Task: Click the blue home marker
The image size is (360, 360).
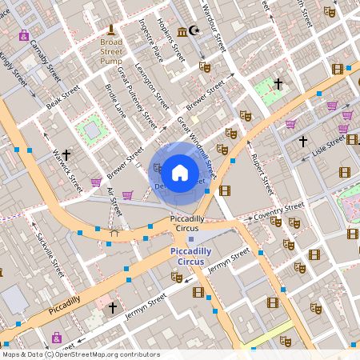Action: [180, 171]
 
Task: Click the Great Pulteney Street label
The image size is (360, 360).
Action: [137, 98]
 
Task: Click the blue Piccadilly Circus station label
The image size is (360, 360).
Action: [191, 256]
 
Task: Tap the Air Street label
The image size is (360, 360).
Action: [114, 205]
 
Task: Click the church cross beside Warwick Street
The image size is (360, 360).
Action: [66, 154]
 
